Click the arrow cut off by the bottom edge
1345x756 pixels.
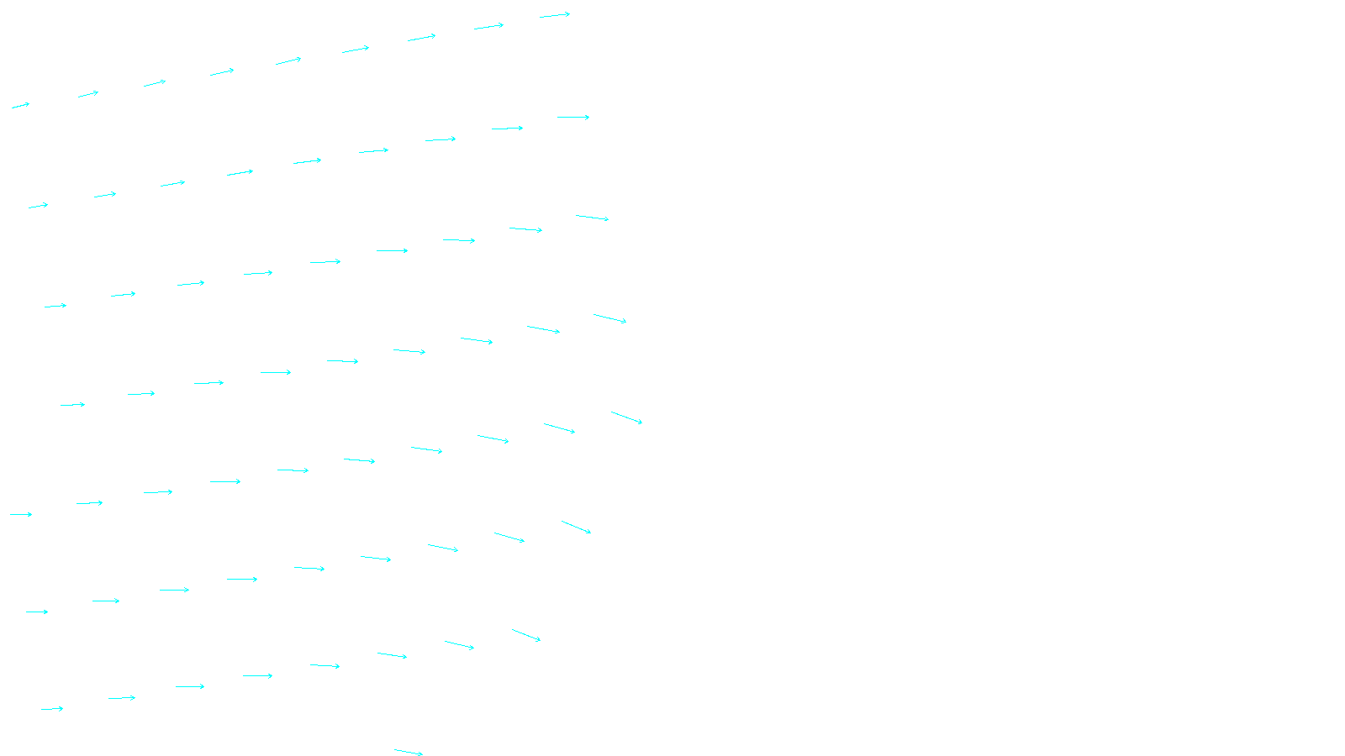coord(409,753)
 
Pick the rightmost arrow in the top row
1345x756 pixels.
coord(555,15)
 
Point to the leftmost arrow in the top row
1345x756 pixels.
coord(20,106)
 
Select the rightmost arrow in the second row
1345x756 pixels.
coord(573,118)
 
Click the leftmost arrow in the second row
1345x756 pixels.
coord(38,206)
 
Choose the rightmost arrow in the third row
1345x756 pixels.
coord(592,218)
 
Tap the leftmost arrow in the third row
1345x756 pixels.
coord(55,306)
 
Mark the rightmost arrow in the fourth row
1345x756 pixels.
coord(609,318)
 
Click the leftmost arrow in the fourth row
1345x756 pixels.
coord(72,405)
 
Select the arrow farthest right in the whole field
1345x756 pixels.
coord(626,417)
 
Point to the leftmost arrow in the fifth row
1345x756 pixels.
coord(21,514)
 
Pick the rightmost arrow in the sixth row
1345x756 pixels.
coord(576,527)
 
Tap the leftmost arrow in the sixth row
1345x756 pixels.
coord(37,612)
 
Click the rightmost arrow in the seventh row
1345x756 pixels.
coord(526,635)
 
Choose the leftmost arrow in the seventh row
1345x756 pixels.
coord(52,709)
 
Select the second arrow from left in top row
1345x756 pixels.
coord(88,94)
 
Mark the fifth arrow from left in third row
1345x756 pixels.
coord(325,262)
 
